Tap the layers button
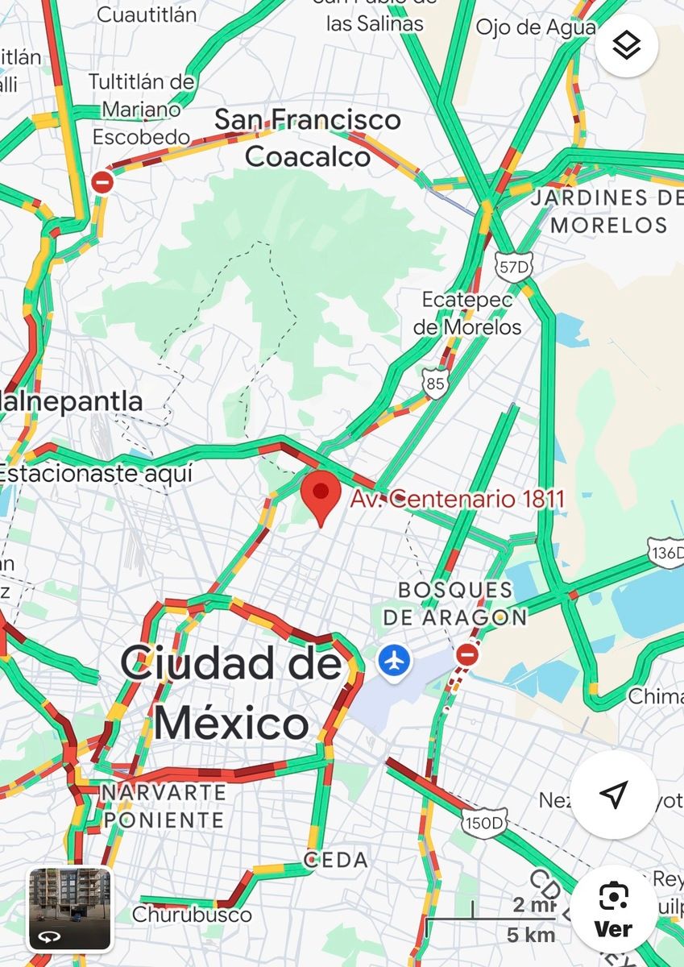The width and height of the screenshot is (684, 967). pyautogui.click(x=626, y=46)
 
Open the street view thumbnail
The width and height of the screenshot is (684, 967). pyautogui.click(x=69, y=908)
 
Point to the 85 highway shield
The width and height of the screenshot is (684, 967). pyautogui.click(x=435, y=384)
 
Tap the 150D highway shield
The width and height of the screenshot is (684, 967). pyautogui.click(x=484, y=822)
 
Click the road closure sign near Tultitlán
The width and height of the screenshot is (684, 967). pyautogui.click(x=102, y=182)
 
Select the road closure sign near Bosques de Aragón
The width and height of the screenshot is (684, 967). pyautogui.click(x=466, y=654)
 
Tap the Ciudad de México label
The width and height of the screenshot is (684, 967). pyautogui.click(x=232, y=693)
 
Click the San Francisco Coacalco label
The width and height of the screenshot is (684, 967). pyautogui.click(x=308, y=138)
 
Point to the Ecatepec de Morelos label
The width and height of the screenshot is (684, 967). pyautogui.click(x=467, y=313)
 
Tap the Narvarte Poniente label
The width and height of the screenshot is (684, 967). pyautogui.click(x=163, y=806)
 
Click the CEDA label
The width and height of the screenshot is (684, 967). pyautogui.click(x=336, y=860)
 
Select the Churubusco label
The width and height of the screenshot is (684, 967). pyautogui.click(x=192, y=915)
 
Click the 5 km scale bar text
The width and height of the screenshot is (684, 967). pyautogui.click(x=530, y=935)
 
